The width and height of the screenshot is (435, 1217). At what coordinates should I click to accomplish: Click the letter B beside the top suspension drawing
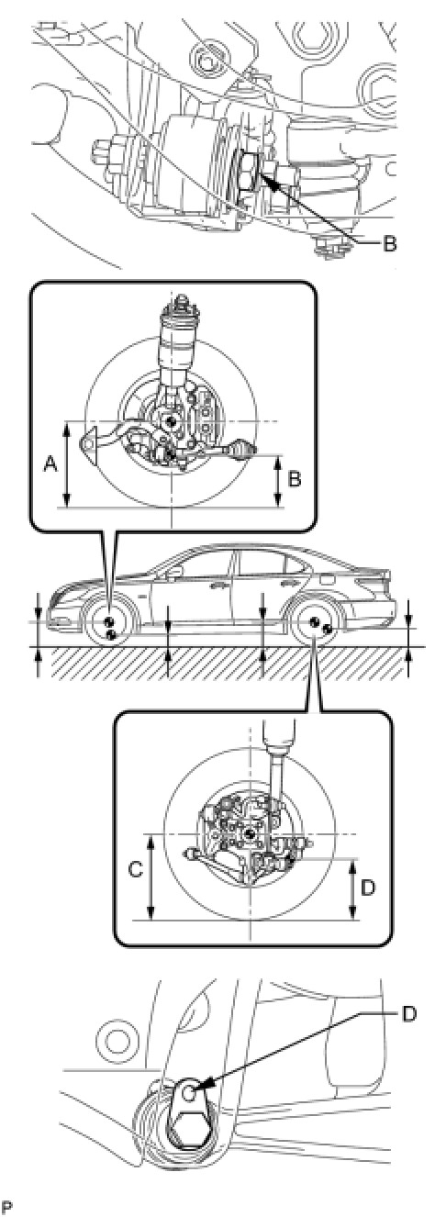[389, 244]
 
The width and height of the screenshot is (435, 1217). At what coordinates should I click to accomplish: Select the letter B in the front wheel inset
[294, 479]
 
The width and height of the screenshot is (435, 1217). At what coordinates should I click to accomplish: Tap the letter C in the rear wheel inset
[136, 870]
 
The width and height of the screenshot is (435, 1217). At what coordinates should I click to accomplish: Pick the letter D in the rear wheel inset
[368, 888]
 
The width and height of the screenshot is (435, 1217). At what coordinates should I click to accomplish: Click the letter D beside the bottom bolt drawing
[409, 1014]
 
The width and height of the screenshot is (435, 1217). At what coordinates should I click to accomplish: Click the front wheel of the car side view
[111, 625]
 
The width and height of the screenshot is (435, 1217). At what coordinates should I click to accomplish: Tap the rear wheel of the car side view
[315, 625]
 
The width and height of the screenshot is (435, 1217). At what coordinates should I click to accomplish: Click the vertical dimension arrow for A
[67, 464]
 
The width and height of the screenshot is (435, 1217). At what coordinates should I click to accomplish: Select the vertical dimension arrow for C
[151, 876]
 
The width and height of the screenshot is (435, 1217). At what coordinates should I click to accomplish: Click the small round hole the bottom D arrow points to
[188, 1076]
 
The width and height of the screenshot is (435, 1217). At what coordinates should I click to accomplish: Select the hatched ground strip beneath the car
[224, 662]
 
